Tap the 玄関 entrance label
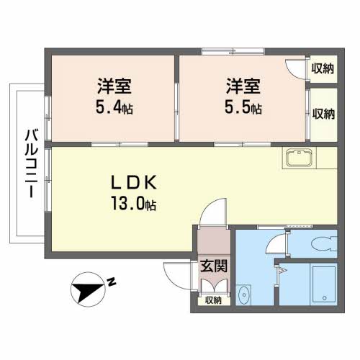[214, 265]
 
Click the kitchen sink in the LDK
[297, 158]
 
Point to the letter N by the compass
[112, 282]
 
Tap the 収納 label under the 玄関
[213, 300]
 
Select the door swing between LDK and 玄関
[212, 212]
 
